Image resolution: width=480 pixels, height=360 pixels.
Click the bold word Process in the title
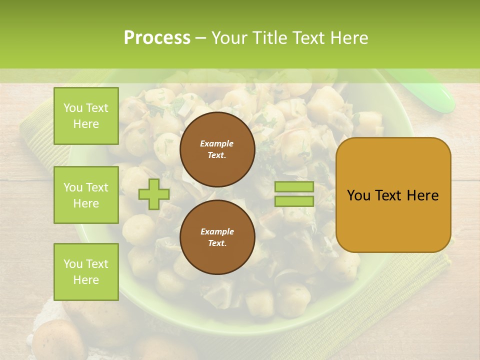coord(157,38)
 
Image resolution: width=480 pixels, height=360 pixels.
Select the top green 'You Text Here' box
coord(86,116)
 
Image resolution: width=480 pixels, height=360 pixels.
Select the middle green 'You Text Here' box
coord(86,195)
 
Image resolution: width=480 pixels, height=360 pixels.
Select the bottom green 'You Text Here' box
coord(86,271)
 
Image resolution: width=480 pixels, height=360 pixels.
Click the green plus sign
coord(154,194)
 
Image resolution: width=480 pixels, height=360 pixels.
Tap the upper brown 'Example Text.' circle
coord(217,149)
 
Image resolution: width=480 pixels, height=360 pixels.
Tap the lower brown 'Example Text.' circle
coord(217,237)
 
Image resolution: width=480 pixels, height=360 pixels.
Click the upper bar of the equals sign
coord(294,187)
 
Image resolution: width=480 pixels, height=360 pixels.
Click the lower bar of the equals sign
coord(294,201)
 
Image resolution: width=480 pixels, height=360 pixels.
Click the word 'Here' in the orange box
coord(422,195)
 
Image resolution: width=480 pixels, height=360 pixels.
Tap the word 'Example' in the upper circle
coord(217,143)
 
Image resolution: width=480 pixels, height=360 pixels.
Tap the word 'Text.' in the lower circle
coord(217,243)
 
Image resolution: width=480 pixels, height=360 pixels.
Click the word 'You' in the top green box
coord(73,108)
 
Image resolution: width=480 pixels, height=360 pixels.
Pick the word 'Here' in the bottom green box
coord(86,280)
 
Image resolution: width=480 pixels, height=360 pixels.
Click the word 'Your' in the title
coord(230,38)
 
